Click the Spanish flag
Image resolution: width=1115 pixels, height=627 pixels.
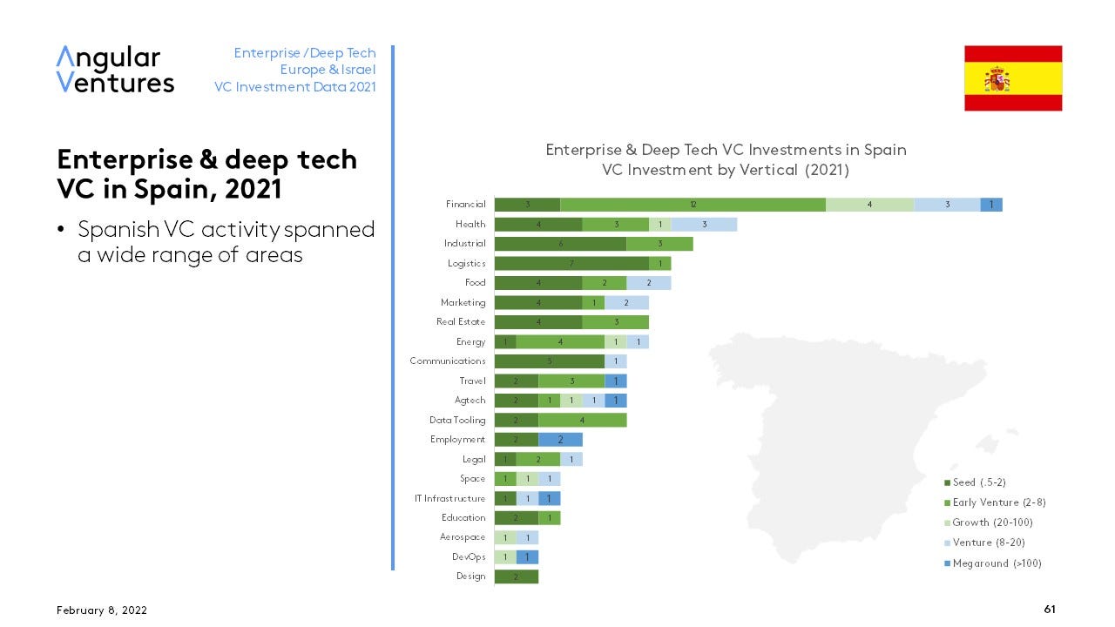point(1012,78)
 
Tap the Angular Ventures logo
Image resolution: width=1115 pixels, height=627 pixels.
point(115,70)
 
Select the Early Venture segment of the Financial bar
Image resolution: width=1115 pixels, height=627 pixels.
point(693,205)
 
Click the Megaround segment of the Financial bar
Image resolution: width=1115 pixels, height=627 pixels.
point(991,205)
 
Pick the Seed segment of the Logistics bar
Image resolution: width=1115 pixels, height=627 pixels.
point(571,263)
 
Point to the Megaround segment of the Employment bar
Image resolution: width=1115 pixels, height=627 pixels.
point(560,440)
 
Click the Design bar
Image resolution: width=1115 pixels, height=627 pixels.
point(516,576)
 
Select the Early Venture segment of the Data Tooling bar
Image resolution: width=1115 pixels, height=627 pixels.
point(582,420)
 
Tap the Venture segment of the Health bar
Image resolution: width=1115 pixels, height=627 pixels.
point(704,225)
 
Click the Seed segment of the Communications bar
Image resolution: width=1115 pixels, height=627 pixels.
point(549,361)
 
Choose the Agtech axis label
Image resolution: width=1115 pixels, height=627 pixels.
point(470,401)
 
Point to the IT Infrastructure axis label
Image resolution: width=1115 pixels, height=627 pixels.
point(449,498)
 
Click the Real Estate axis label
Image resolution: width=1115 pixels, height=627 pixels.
point(460,322)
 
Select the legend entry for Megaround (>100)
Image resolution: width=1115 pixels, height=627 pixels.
point(997,563)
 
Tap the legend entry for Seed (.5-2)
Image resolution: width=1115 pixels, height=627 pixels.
point(979,482)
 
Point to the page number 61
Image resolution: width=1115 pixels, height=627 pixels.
point(1050,610)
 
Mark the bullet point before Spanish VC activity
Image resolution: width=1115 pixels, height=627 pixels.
point(61,231)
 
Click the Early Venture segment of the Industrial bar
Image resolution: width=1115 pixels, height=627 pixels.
point(659,244)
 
